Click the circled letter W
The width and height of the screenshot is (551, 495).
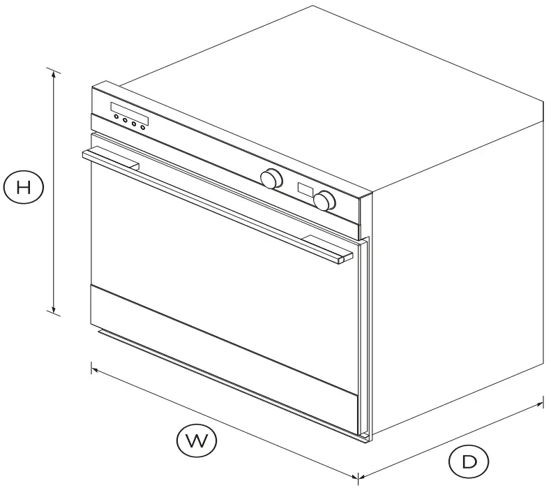196,441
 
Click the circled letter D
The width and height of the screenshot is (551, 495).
468,461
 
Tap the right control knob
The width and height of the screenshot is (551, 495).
324,200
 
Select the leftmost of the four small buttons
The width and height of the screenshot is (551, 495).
116,117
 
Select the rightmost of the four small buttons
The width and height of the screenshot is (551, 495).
142,126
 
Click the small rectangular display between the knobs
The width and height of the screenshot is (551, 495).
305,189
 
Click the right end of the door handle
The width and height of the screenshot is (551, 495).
342,260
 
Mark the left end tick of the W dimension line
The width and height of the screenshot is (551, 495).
91,367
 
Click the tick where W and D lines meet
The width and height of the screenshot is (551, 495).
358,478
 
